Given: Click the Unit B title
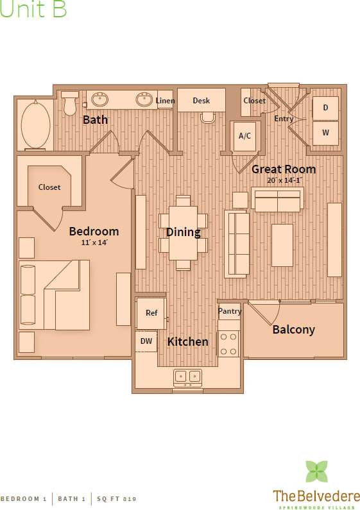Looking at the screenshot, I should pyautogui.click(x=33, y=10).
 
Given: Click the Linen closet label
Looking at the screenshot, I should pyautogui.click(x=165, y=101).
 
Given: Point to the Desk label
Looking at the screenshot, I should pyautogui.click(x=201, y=101).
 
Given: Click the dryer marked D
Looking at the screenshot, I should pyautogui.click(x=325, y=108).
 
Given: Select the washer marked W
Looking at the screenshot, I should pyautogui.click(x=325, y=133).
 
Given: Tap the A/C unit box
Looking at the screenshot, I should pyautogui.click(x=244, y=136).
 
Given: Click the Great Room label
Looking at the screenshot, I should pyautogui.click(x=283, y=169).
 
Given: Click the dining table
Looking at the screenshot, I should pyautogui.click(x=183, y=232).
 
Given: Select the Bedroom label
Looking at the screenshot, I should pyautogui.click(x=94, y=232).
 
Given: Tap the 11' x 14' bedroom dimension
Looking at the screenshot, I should pyautogui.click(x=94, y=242).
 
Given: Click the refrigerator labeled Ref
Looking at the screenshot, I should pyautogui.click(x=151, y=313).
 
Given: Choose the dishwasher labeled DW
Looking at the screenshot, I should pyautogui.click(x=146, y=341).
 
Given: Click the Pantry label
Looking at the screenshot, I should pyautogui.click(x=229, y=311).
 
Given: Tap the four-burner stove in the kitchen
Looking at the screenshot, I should pyautogui.click(x=228, y=343).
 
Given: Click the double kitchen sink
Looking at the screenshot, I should pyautogui.click(x=188, y=377).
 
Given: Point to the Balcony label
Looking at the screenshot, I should pyautogui.click(x=293, y=330).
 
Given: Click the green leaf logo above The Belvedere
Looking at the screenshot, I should pyautogui.click(x=316, y=472).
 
